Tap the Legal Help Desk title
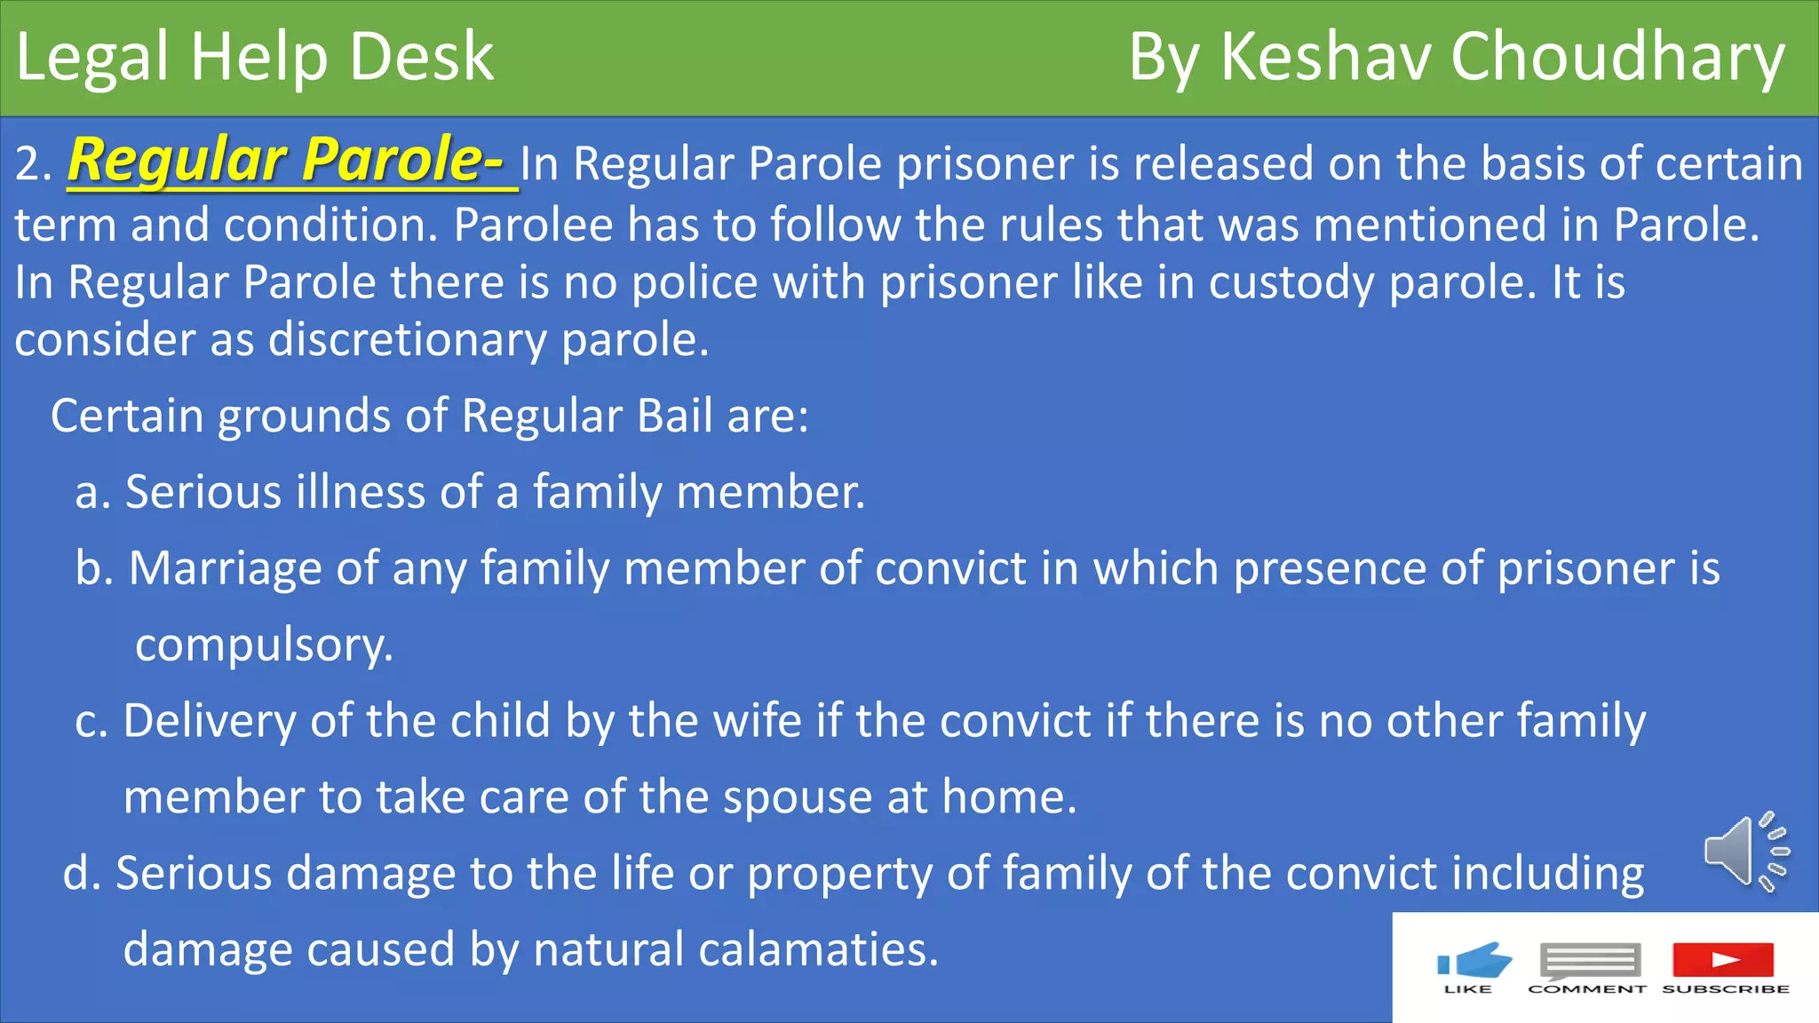pos(255,58)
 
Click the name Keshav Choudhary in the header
pos(1501,58)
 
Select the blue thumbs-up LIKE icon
pos(1473,962)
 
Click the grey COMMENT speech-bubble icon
pos(1589,962)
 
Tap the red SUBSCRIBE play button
pos(1723,960)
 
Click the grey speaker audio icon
pos(1744,851)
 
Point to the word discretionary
pos(408,340)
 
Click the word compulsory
pos(263,646)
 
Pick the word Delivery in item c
pos(210,721)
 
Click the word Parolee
pos(533,225)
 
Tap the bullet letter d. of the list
pos(82,874)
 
